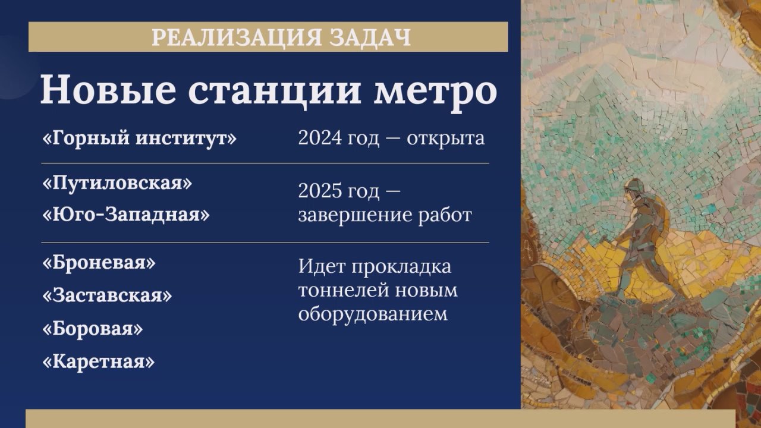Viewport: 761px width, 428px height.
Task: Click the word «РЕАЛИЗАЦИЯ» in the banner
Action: (x=237, y=37)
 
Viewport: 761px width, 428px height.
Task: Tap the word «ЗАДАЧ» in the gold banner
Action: (x=370, y=37)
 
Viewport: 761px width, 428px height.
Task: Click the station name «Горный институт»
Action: (x=139, y=139)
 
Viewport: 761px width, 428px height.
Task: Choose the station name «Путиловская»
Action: (x=117, y=182)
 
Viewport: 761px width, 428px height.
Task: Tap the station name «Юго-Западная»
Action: (x=126, y=215)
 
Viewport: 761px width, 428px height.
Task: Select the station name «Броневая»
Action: (x=99, y=262)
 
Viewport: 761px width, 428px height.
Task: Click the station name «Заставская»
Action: (x=107, y=295)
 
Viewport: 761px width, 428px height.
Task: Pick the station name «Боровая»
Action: (x=92, y=328)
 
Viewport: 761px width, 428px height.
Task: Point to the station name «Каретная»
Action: (x=98, y=361)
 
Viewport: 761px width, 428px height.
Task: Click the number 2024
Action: (x=320, y=139)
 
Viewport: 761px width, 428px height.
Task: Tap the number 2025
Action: (x=320, y=191)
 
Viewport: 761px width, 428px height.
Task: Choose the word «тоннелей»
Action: (x=343, y=290)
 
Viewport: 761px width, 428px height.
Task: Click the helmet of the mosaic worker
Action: (x=633, y=185)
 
